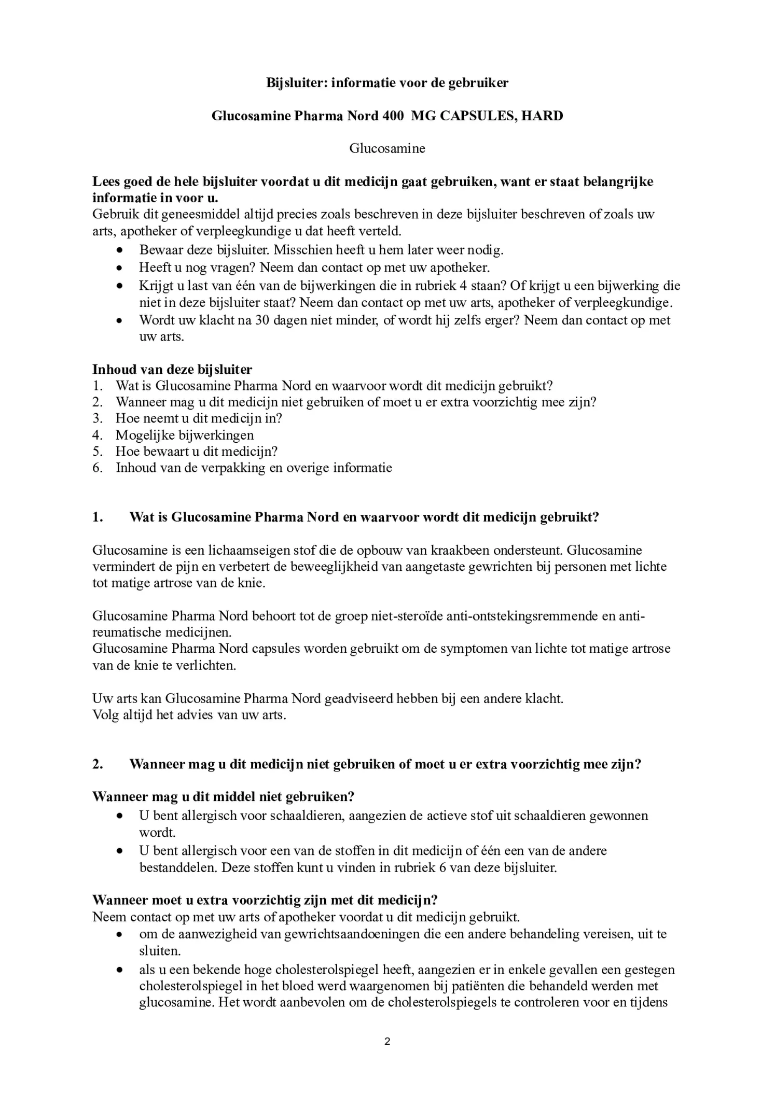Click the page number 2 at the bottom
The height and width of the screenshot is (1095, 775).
[387, 1041]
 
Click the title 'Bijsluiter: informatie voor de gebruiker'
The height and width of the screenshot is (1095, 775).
[387, 82]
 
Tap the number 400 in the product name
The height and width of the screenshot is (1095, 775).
[393, 116]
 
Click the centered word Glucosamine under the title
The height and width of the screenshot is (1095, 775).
[387, 148]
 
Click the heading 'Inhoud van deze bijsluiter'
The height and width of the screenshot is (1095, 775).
[172, 369]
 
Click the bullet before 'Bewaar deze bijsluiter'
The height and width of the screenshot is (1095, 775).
[120, 250]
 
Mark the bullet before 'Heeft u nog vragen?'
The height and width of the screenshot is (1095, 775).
[120, 268]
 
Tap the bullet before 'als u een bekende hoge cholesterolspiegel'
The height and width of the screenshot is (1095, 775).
[120, 970]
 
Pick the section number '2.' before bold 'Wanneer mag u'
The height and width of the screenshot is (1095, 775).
[98, 764]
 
